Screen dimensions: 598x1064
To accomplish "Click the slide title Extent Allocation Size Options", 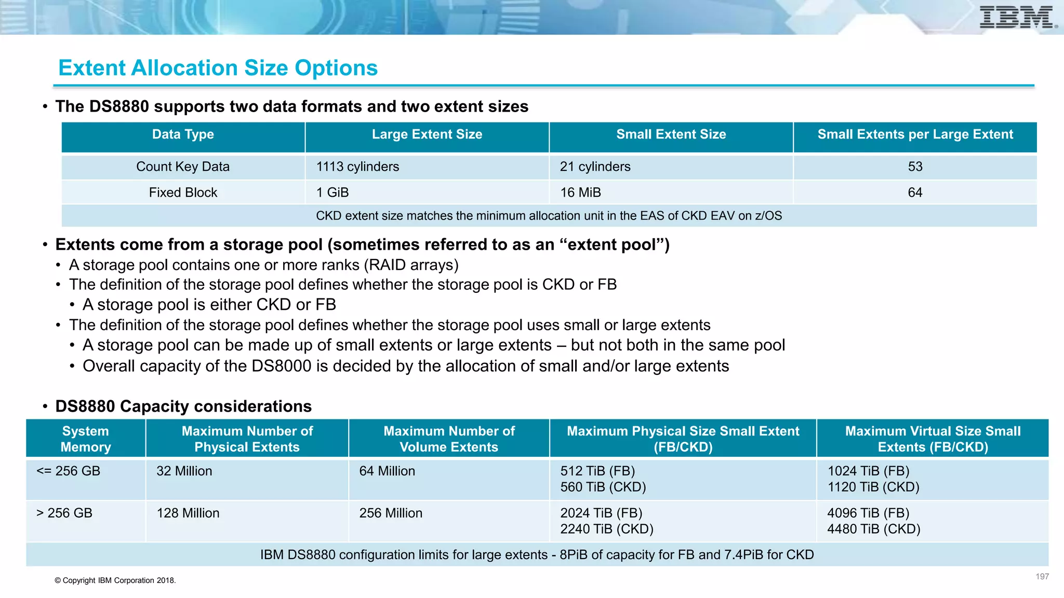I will coord(218,68).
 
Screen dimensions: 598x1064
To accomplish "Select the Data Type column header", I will coord(183,134).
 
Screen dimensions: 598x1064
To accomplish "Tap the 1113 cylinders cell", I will coord(357,167).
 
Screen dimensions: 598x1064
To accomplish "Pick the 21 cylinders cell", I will coord(595,167).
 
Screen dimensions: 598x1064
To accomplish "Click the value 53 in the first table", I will coord(915,167).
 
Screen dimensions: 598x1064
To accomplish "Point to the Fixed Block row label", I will coord(183,193).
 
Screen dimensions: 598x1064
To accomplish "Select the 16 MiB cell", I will coord(580,193).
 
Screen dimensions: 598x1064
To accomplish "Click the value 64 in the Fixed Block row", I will coord(915,193).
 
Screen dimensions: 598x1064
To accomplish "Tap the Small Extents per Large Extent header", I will coord(915,134).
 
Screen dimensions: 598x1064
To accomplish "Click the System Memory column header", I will coord(86,439).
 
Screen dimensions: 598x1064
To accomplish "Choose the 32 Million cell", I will coord(184,471).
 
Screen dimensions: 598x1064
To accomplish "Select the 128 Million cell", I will coord(188,513).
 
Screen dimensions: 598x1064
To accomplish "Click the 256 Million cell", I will coord(391,513).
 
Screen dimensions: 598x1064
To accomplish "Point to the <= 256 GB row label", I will coord(68,471).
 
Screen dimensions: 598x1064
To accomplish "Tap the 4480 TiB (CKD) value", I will coord(873,529).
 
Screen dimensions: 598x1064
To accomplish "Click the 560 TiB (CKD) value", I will coord(603,487).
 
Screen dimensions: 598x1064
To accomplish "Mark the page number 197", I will coord(1042,577).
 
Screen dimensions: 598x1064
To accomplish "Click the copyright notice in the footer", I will coord(115,580).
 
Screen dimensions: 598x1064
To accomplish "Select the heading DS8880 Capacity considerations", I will coord(183,406).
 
